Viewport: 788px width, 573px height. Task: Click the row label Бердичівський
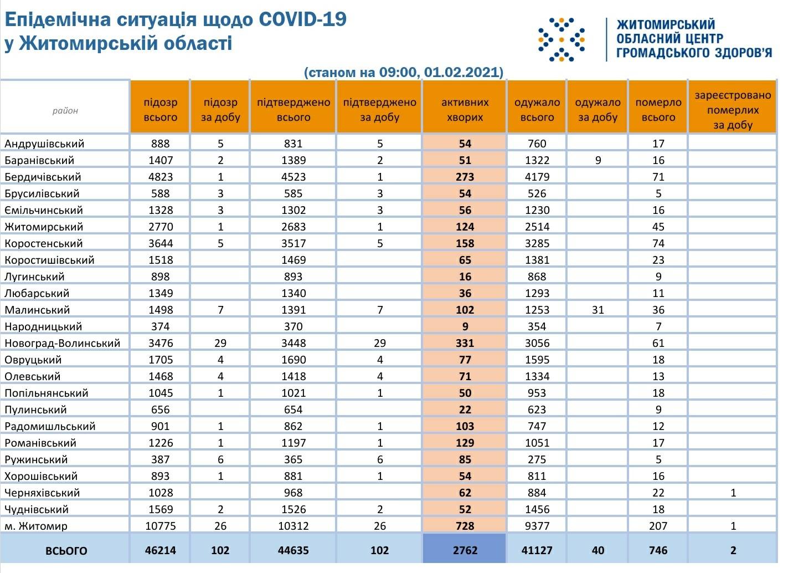43,177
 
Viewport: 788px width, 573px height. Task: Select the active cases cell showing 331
465,343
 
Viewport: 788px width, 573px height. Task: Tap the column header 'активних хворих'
465,109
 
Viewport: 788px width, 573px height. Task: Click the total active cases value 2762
464,550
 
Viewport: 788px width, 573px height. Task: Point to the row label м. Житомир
36,526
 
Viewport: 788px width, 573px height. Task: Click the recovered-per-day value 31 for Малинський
598,310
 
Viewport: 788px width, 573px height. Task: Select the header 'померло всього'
658,109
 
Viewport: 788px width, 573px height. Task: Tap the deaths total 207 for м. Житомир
658,526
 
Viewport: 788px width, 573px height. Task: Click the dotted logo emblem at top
562,39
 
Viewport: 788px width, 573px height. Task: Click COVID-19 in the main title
302,19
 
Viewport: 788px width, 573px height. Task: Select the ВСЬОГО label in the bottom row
66,551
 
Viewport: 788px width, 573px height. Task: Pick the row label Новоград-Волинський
62,343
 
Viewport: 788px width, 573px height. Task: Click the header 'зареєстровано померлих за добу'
733,110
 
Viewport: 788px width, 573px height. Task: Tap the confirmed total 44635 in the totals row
293,550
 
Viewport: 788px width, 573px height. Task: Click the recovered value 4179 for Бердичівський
537,177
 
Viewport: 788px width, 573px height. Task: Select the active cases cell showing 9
465,326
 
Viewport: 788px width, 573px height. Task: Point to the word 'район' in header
65,110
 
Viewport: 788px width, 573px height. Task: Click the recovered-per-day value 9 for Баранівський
598,160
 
